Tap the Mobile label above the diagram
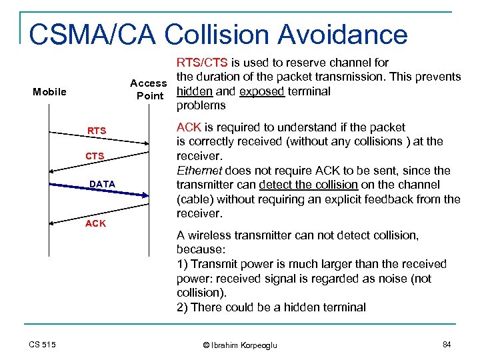[49, 91]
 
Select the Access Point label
[148, 89]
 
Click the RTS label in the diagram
[97, 131]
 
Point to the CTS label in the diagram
[95, 157]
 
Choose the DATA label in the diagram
[102, 183]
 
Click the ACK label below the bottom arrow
[95, 223]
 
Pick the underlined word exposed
[261, 91]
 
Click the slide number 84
[447, 344]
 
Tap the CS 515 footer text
[43, 344]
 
